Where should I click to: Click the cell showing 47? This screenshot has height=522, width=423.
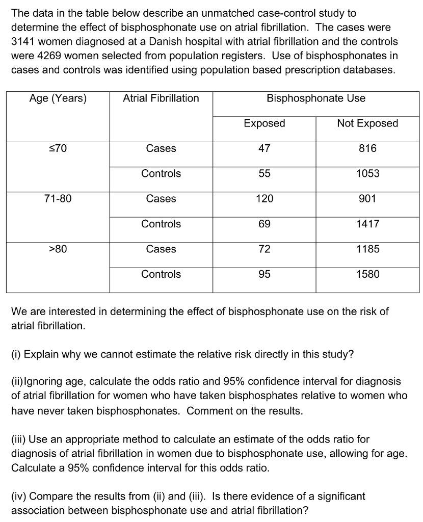(264, 148)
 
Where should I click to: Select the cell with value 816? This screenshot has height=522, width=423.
(367, 148)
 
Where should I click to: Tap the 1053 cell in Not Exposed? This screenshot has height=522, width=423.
(367, 173)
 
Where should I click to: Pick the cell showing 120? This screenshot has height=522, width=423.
(264, 199)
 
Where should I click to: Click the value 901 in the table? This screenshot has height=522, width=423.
(367, 199)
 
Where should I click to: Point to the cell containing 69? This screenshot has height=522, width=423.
(264, 224)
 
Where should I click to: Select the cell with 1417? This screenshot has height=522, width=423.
(367, 224)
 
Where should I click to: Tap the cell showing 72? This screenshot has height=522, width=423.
(264, 249)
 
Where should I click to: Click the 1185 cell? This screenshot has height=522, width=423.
(367, 249)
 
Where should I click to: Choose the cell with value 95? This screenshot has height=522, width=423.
(264, 274)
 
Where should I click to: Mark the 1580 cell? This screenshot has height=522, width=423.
(367, 274)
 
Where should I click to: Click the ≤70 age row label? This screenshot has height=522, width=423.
(58, 148)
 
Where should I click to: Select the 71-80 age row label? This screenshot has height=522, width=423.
(58, 199)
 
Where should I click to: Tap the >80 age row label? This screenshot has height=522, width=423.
(58, 249)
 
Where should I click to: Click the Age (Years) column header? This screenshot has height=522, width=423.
(58, 98)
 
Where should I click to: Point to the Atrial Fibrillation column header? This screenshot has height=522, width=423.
(161, 98)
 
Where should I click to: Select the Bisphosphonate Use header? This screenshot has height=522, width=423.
(315, 98)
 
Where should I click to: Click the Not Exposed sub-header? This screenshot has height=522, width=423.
(367, 123)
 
